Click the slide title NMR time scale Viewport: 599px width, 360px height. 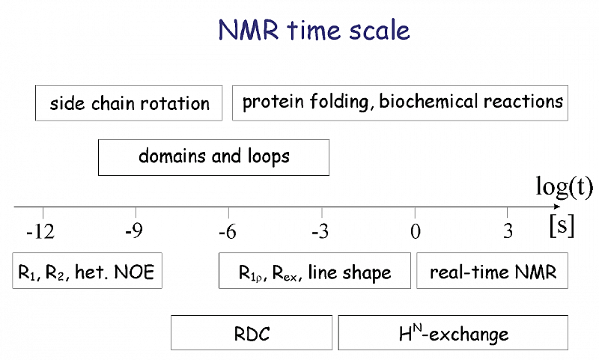pyautogui.click(x=314, y=30)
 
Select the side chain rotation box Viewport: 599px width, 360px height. pyautogui.click(x=129, y=103)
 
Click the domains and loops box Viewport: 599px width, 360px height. pyautogui.click(x=213, y=157)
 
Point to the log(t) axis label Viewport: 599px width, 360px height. pyautogui.click(x=564, y=187)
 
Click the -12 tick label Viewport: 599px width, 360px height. pyautogui.click(x=40, y=231)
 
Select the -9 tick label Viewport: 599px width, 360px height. pyautogui.click(x=134, y=231)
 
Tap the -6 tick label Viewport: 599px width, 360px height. pyautogui.click(x=228, y=231)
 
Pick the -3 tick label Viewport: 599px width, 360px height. pyautogui.click(x=320, y=231)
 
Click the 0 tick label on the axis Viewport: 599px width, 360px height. pyautogui.click(x=416, y=231)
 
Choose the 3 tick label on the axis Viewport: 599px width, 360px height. pyautogui.click(x=508, y=231)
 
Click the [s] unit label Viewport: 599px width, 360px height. pyautogui.click(x=562, y=226)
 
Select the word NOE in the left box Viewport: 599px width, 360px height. pyautogui.click(x=134, y=272)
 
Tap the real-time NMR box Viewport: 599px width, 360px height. pyautogui.click(x=492, y=270)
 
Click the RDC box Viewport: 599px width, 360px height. pyautogui.click(x=252, y=332)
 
